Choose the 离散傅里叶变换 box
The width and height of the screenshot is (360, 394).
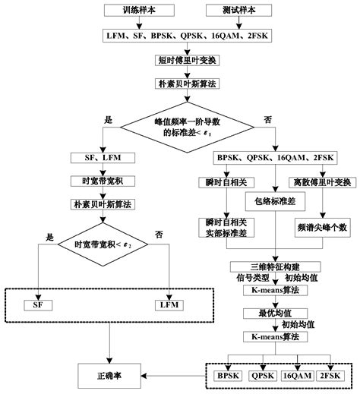click(x=321, y=182)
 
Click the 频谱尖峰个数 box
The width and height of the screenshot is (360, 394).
click(x=321, y=226)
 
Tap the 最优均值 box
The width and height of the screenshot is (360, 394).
click(x=270, y=311)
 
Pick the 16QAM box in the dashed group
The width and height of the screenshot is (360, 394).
click(x=296, y=375)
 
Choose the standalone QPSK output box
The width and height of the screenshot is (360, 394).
click(x=262, y=375)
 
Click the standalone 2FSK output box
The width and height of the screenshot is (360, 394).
click(x=330, y=375)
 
